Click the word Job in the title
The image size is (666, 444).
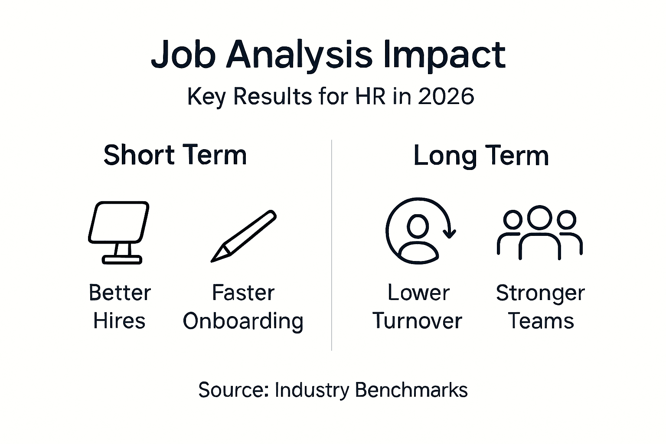(183, 55)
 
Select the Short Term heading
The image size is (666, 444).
(175, 155)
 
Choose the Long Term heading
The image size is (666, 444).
(481, 156)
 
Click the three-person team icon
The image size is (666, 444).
(540, 232)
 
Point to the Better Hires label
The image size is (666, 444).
(120, 307)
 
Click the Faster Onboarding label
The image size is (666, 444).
(243, 307)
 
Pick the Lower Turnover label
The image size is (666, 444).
(418, 307)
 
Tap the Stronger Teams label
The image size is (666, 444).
(540, 307)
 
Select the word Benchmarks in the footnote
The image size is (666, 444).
(411, 390)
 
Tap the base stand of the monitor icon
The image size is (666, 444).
(122, 260)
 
